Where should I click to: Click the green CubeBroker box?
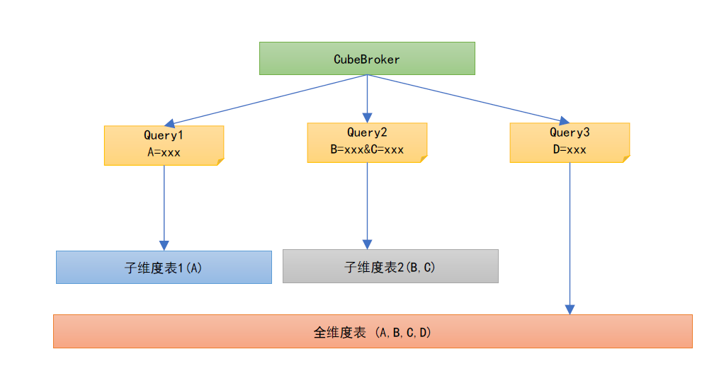pos(366,58)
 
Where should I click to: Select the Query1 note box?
pos(164,145)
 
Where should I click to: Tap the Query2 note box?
pos(366,142)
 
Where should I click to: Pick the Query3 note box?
pos(569,142)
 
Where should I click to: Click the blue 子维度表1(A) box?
pos(164,267)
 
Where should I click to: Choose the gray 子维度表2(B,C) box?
pos(390,266)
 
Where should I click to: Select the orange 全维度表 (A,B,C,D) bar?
pos(373,331)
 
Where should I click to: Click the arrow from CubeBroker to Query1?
pos(269,99)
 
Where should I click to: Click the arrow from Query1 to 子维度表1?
pos(164,205)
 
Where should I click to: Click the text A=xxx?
pos(164,152)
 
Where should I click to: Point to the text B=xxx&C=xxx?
pos(366,150)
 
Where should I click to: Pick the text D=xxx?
pos(569,150)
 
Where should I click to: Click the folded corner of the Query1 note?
pos(220,161)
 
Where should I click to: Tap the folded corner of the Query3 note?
pos(625,159)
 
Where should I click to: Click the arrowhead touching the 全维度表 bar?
pos(570,309)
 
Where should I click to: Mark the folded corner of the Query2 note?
pos(423,159)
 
